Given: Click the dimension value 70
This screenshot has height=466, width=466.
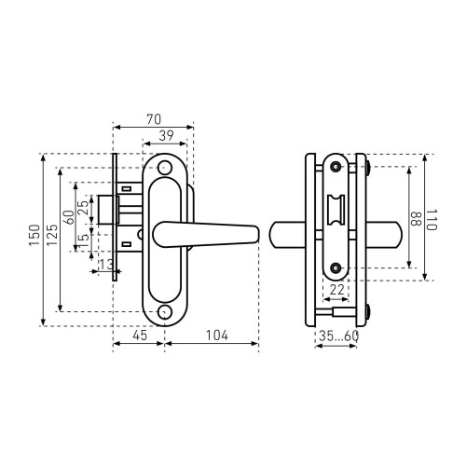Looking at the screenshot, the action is point(154,119).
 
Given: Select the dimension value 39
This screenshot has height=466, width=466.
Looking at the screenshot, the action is point(166,136).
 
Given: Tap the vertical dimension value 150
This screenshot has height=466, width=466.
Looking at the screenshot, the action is point(34,235).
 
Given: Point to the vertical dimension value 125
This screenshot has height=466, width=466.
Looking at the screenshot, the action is point(52,235).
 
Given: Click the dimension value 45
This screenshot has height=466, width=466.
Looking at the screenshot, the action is point(140,336).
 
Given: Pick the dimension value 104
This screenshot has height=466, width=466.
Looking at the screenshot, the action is point(217,336).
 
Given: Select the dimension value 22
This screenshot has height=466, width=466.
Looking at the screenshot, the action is point(336,290).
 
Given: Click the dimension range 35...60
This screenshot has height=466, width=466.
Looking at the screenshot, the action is point(339,336).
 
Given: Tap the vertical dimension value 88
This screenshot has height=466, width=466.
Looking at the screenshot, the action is point(416,219).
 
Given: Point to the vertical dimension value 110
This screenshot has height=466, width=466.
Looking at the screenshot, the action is point(432,219).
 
